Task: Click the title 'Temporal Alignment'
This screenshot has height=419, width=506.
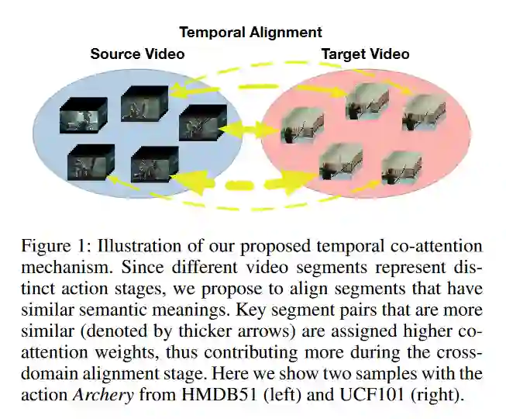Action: (x=250, y=33)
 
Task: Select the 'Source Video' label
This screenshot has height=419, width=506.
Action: (x=137, y=54)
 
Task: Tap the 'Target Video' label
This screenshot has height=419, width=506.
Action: (x=365, y=54)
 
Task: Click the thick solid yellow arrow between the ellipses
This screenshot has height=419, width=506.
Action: (x=242, y=127)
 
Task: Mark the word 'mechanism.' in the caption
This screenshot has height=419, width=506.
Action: (x=57, y=267)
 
